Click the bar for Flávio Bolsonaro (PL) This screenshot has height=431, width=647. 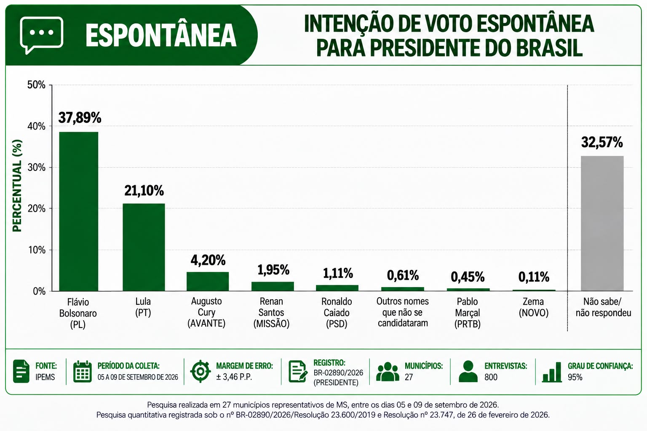79,211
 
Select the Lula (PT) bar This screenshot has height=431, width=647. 144,247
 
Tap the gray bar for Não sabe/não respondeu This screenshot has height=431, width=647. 602,223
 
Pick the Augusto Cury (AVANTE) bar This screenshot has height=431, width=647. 208,282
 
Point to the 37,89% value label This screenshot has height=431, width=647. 80,117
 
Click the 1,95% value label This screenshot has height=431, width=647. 273,270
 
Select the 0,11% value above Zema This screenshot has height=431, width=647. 534,277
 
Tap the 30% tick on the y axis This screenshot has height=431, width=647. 37,168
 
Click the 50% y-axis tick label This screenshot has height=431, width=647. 36,85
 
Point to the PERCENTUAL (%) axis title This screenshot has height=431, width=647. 17,186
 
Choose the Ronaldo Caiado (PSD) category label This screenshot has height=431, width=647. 337,313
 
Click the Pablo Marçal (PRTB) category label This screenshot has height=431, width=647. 467,313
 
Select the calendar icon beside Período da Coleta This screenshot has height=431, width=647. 82,371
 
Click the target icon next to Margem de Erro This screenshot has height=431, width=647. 201,371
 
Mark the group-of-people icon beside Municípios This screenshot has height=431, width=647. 388,372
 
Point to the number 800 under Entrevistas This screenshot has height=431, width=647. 491,377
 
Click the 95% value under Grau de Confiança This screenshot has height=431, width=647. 575,377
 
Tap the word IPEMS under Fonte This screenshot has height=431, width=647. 45,377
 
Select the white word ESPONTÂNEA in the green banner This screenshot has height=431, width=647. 161,35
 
